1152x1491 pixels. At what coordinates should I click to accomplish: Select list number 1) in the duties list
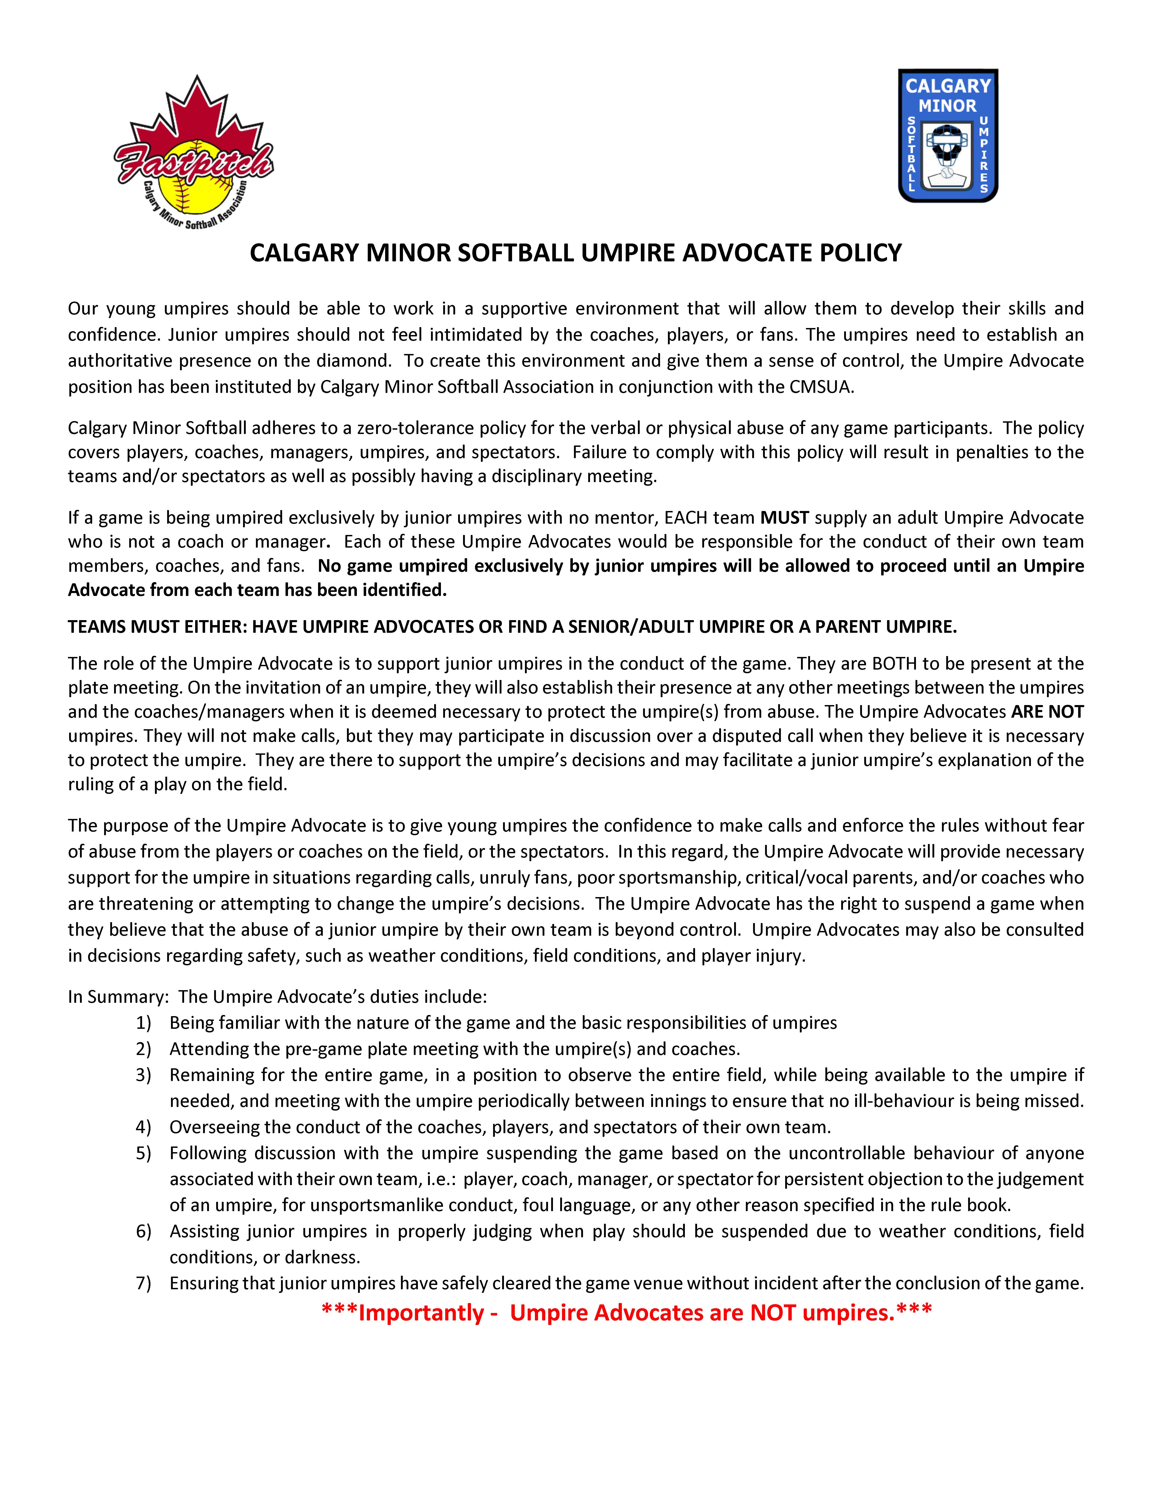tap(143, 1023)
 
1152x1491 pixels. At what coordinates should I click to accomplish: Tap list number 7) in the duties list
tap(143, 1283)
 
